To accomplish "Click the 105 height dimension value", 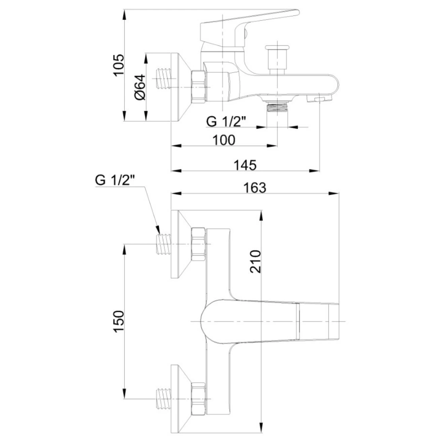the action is pos(118,65).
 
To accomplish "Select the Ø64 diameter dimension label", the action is pos(140,87).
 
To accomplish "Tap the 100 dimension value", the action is pos(224,140).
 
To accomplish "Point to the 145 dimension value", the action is pos(245,165).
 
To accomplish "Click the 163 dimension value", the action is pos(255,188).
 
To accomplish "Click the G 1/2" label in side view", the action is pos(226,122).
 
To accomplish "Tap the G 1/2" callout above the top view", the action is pos(115,180).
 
